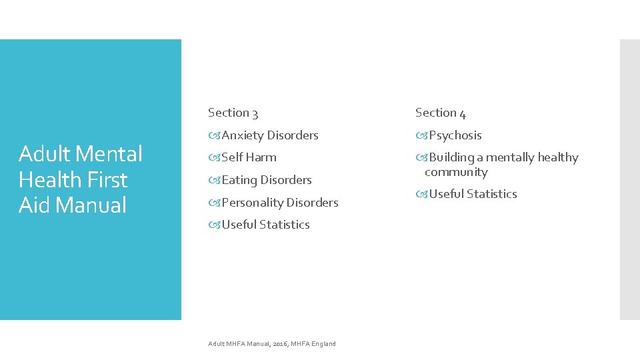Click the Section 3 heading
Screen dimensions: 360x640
233,113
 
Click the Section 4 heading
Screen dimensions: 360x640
440,113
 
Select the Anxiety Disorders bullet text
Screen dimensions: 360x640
270,135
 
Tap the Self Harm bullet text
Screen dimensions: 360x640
249,157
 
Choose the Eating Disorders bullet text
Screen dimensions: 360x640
267,180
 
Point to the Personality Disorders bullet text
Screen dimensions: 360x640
280,203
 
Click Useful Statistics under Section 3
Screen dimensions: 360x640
265,225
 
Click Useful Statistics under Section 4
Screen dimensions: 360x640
473,194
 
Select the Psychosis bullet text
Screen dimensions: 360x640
455,135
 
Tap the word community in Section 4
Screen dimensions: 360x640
456,172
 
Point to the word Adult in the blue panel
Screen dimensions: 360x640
44,154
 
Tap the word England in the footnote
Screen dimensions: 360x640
323,344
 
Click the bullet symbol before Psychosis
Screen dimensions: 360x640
421,135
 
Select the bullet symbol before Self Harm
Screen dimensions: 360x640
214,157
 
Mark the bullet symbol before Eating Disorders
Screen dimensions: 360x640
214,180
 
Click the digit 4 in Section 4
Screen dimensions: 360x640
462,113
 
